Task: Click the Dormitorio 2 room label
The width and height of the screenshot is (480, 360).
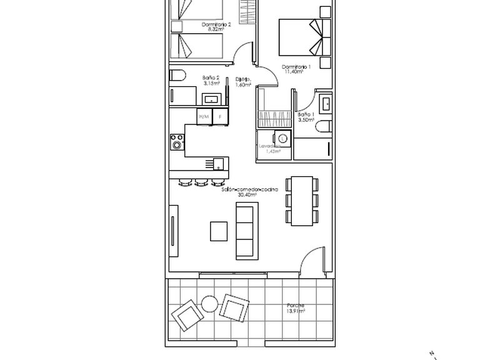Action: (x=216, y=25)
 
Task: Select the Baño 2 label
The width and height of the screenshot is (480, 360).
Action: (x=211, y=78)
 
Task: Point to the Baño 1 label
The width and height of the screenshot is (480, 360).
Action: (x=304, y=115)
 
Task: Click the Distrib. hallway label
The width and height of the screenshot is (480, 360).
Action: (x=243, y=79)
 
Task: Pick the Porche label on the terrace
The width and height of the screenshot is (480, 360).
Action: (x=296, y=306)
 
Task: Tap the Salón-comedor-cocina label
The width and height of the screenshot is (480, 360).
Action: (x=249, y=189)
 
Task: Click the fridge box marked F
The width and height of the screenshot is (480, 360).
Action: (x=220, y=116)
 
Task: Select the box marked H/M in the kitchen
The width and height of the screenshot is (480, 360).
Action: (x=204, y=116)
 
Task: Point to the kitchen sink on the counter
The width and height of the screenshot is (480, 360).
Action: (x=218, y=164)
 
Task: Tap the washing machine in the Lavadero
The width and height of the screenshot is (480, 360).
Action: (x=282, y=138)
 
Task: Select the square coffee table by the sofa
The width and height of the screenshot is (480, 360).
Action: (x=219, y=231)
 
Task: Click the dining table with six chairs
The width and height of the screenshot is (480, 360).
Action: (x=301, y=200)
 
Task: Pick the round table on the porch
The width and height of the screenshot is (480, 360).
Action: (x=209, y=304)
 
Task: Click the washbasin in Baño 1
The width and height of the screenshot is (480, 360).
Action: (x=325, y=102)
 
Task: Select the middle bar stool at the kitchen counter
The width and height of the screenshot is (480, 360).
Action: (x=201, y=183)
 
